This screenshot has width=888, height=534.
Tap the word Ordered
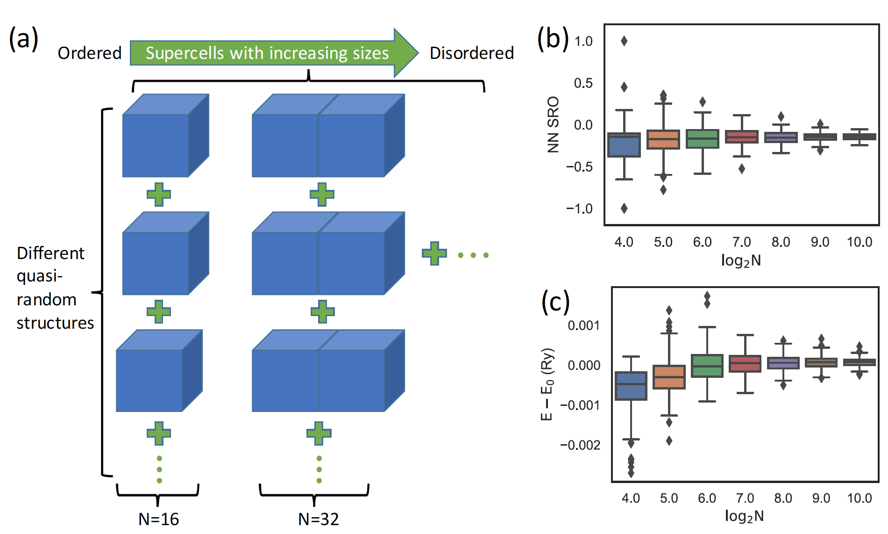(90, 53)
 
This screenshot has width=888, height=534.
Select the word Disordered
(471, 53)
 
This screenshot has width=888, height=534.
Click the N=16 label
(158, 519)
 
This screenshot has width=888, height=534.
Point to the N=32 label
(318, 519)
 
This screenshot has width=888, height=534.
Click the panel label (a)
(23, 38)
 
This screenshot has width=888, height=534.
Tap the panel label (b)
(553, 38)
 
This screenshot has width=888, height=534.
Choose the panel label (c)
(555, 302)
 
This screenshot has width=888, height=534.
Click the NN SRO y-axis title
(553, 125)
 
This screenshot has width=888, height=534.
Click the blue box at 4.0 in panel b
(624, 145)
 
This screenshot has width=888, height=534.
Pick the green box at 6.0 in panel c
(707, 366)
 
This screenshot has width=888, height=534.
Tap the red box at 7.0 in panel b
(742, 137)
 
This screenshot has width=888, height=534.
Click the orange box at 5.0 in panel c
(669, 377)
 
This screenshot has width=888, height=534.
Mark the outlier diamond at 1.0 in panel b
(624, 41)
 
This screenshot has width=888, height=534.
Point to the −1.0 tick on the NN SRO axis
(579, 209)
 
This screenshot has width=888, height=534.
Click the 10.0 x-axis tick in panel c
(860, 498)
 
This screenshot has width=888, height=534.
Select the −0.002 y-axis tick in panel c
(580, 445)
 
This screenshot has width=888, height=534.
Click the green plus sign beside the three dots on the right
(434, 253)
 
